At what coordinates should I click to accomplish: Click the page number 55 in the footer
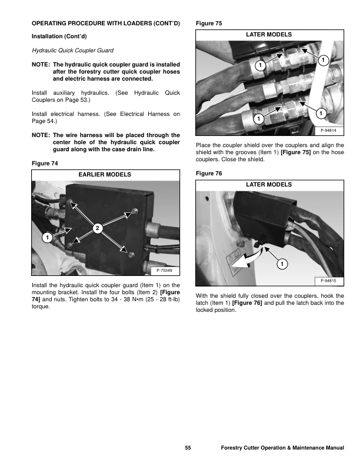(x=187, y=449)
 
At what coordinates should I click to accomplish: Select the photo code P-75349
(x=166, y=270)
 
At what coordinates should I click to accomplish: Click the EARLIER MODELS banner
(x=105, y=175)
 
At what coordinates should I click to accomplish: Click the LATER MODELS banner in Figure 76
(x=268, y=184)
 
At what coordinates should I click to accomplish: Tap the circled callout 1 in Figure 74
(x=45, y=237)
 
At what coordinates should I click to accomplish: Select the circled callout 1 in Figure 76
(x=282, y=263)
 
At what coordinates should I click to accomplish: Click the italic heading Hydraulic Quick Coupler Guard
(x=69, y=51)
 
